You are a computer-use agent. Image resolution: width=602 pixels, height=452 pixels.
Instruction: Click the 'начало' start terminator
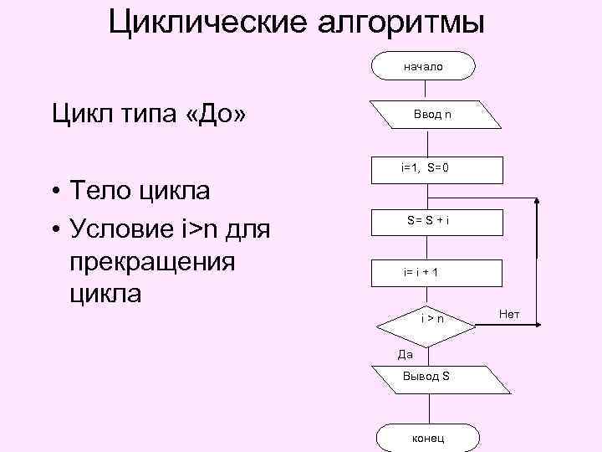coord(424,65)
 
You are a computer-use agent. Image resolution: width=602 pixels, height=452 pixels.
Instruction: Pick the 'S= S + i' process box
coord(431,221)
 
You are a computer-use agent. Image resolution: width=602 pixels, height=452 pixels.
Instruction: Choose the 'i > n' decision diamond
coord(431,319)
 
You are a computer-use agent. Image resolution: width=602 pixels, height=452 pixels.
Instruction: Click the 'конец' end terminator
coord(428,438)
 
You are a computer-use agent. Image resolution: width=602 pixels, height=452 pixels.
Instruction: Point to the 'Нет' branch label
coord(508,314)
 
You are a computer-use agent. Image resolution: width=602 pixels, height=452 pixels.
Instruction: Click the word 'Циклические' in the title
coord(208,23)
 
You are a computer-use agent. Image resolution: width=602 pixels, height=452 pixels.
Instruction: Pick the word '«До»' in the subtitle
coord(216,112)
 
